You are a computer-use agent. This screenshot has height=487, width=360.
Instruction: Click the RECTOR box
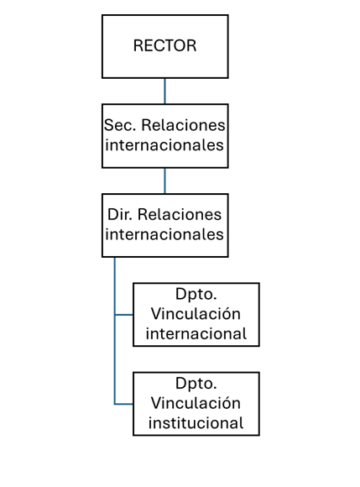[x=165, y=46]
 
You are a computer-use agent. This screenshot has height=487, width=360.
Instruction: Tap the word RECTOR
[x=164, y=45]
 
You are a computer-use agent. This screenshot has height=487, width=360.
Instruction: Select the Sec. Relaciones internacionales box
[x=165, y=136]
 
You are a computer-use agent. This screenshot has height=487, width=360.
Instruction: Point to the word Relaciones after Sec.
[x=184, y=125]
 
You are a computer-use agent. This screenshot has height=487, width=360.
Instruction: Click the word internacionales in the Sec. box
[x=164, y=145]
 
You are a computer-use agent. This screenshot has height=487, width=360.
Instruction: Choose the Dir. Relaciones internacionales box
[x=165, y=226]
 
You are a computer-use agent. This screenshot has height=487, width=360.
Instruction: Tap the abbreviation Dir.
[x=120, y=215]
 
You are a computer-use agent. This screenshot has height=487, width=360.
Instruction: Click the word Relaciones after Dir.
[x=180, y=215]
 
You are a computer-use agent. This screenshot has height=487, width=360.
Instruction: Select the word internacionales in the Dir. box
[x=164, y=234]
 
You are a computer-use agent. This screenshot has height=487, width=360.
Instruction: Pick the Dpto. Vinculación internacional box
[x=196, y=315]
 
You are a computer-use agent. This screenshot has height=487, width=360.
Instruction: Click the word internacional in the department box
[x=196, y=334]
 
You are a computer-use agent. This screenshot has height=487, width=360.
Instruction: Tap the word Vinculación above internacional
[x=196, y=314]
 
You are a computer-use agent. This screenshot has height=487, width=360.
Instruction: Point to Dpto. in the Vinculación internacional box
[x=196, y=295]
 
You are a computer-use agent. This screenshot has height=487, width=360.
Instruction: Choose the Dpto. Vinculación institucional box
[x=196, y=404]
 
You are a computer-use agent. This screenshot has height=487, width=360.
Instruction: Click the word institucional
[x=196, y=423]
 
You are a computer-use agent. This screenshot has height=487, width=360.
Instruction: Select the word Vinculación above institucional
[x=196, y=403]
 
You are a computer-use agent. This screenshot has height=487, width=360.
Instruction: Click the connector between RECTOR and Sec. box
[x=164, y=91]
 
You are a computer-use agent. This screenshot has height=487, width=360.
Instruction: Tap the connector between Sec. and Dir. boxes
[x=164, y=181]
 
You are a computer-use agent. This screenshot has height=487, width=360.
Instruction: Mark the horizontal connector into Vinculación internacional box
[x=124, y=315]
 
